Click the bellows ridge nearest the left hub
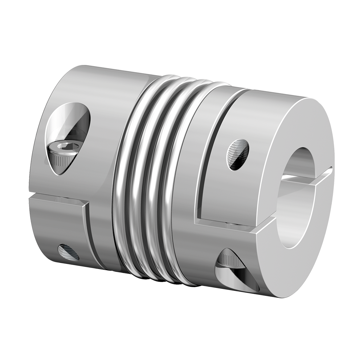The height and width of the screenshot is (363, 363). pyautogui.click(x=123, y=174)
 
